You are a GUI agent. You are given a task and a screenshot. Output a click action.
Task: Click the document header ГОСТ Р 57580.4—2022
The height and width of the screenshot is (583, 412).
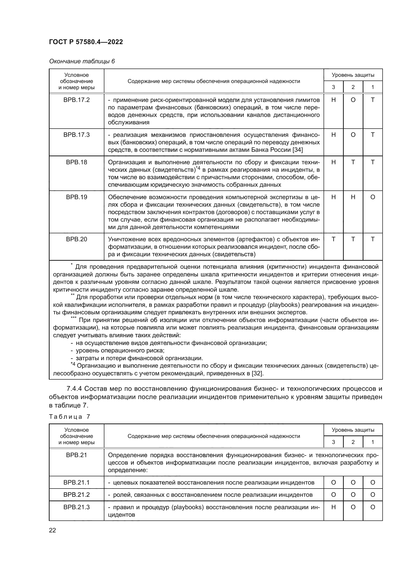click(x=86, y=42)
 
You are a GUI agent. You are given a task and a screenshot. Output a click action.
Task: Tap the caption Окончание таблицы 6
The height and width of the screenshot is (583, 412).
click(x=82, y=61)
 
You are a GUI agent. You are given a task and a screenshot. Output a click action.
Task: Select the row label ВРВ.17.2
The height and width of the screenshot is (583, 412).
click(x=76, y=100)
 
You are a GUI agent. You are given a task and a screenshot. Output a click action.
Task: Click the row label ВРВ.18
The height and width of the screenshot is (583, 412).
click(x=76, y=162)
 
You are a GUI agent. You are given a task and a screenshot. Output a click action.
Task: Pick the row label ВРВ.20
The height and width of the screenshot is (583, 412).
click(x=76, y=239)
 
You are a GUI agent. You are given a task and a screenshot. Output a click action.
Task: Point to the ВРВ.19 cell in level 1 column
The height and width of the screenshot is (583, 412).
click(x=372, y=197)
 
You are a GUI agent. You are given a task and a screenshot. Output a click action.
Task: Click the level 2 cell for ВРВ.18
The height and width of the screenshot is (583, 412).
click(x=353, y=162)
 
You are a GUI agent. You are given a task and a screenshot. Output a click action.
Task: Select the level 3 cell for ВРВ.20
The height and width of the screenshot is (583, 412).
click(x=333, y=239)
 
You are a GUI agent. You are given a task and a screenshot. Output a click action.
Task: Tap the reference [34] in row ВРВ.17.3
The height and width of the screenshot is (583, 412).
click(x=298, y=150)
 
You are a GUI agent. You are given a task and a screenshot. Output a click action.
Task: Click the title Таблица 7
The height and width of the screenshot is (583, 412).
click(x=69, y=417)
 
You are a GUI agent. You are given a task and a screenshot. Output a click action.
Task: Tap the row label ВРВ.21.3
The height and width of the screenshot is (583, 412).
click(x=76, y=507)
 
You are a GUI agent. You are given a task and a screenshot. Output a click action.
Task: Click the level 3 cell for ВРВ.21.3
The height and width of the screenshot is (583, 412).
click(x=333, y=507)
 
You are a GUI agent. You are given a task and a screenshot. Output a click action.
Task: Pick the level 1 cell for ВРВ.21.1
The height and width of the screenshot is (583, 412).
click(x=372, y=483)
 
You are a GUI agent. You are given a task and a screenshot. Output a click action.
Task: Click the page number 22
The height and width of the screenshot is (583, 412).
click(x=52, y=530)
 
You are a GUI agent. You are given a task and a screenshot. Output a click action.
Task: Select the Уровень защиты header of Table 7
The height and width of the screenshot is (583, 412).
click(x=353, y=430)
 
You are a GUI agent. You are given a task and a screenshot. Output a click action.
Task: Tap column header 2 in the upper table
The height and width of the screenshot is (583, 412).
click(x=353, y=87)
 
